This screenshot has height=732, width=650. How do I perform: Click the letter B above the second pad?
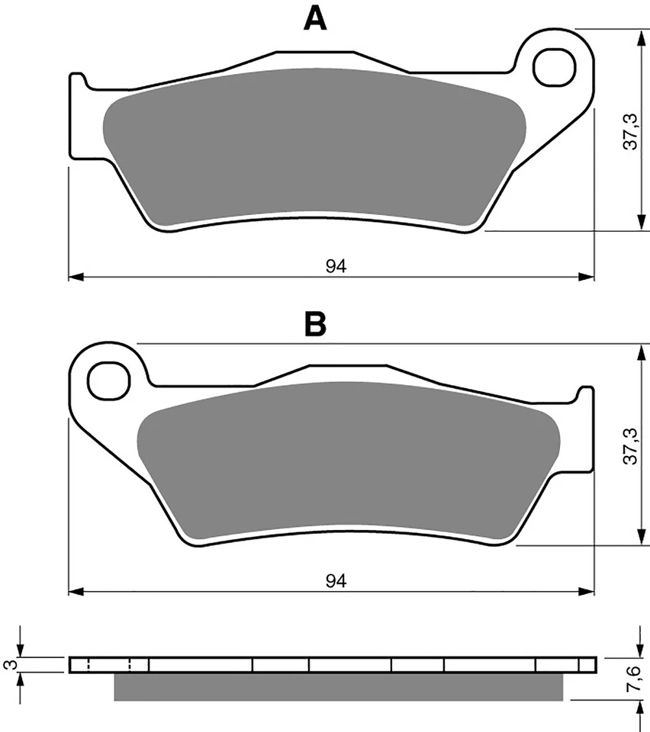pos(315,324)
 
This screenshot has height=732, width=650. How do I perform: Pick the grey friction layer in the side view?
pos(338,686)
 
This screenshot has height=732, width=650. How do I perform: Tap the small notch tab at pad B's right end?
pos(584,396)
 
